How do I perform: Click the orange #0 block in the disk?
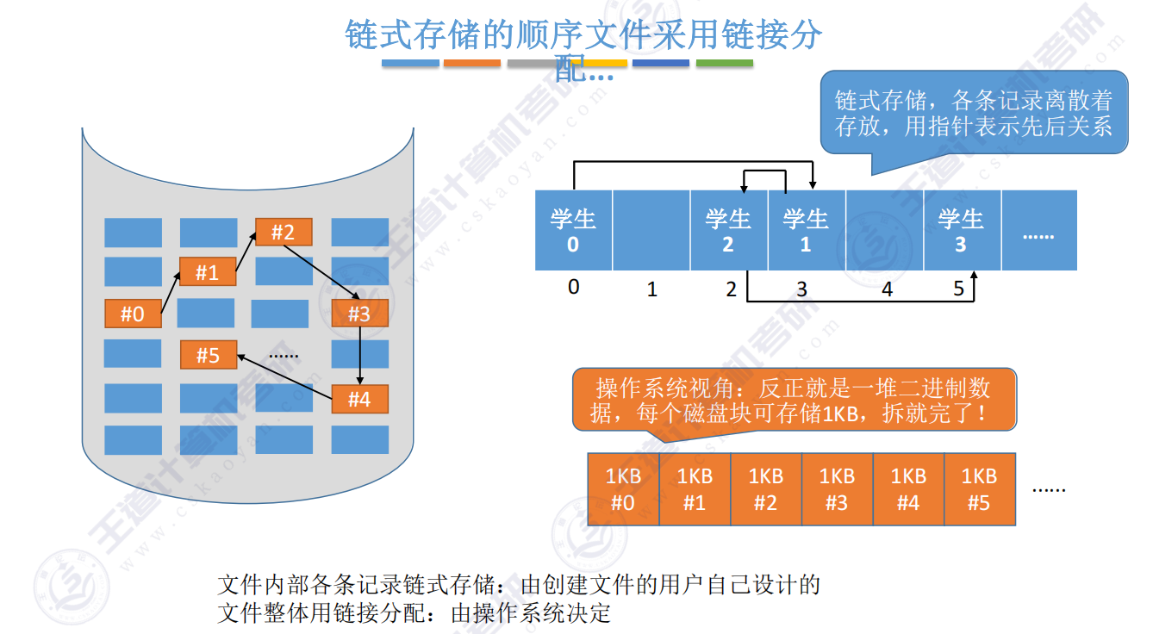click(x=133, y=314)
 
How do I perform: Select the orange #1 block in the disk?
click(x=207, y=272)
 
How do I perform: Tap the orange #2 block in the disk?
click(x=283, y=232)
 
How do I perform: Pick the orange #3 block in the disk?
click(x=359, y=314)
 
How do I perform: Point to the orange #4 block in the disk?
click(x=359, y=399)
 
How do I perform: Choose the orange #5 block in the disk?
click(x=208, y=355)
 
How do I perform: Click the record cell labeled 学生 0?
click(x=573, y=230)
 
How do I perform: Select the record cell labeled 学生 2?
click(x=728, y=230)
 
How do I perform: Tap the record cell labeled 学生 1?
click(x=806, y=230)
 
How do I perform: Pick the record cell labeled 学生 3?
click(x=961, y=230)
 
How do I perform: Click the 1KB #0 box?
click(x=623, y=489)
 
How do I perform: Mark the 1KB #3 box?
click(x=837, y=489)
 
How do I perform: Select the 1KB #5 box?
click(x=979, y=489)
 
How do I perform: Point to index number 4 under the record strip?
click(x=888, y=290)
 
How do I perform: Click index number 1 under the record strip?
click(x=652, y=289)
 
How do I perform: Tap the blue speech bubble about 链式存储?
click(x=974, y=113)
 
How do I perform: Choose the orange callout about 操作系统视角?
click(x=793, y=401)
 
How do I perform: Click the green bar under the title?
click(x=724, y=64)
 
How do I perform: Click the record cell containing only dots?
click(x=1038, y=230)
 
